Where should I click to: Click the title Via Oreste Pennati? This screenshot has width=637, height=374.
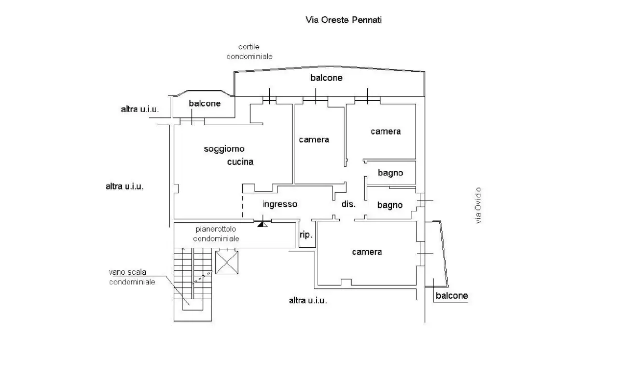(343, 20)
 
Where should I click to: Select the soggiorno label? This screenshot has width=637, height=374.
(224, 149)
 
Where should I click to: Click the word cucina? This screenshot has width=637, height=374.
(240, 162)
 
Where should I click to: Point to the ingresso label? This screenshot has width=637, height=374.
(280, 204)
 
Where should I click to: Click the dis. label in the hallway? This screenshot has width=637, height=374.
(348, 204)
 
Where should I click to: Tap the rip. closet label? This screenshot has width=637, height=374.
(306, 235)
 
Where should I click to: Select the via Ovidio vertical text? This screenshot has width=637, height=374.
(478, 205)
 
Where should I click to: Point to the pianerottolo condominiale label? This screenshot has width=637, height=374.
(216, 234)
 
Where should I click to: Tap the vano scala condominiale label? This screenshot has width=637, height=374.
(132, 277)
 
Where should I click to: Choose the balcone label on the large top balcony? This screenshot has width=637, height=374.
(326, 78)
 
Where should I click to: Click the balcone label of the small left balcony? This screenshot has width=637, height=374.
(204, 103)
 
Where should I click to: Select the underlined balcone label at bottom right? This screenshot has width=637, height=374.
(451, 296)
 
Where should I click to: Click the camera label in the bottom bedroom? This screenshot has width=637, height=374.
(367, 252)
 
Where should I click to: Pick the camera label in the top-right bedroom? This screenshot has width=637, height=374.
(385, 131)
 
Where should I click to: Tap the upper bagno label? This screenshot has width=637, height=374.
(390, 172)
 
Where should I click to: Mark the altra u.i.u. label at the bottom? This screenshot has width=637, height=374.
(308, 300)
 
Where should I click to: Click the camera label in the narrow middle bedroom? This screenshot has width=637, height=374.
(314, 140)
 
